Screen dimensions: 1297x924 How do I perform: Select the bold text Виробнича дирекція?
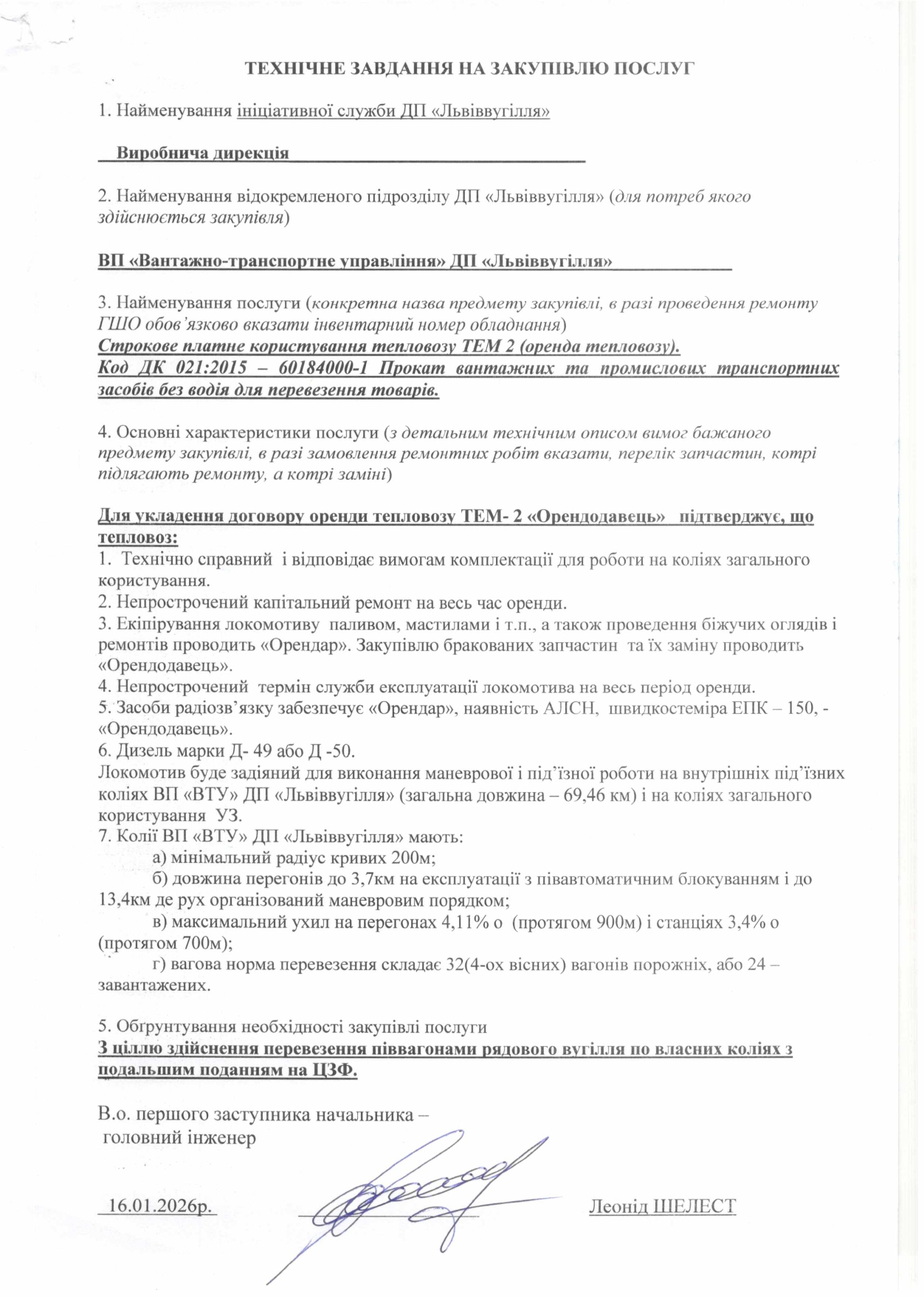203,154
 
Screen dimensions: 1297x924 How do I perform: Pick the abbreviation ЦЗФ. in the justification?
333,1070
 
